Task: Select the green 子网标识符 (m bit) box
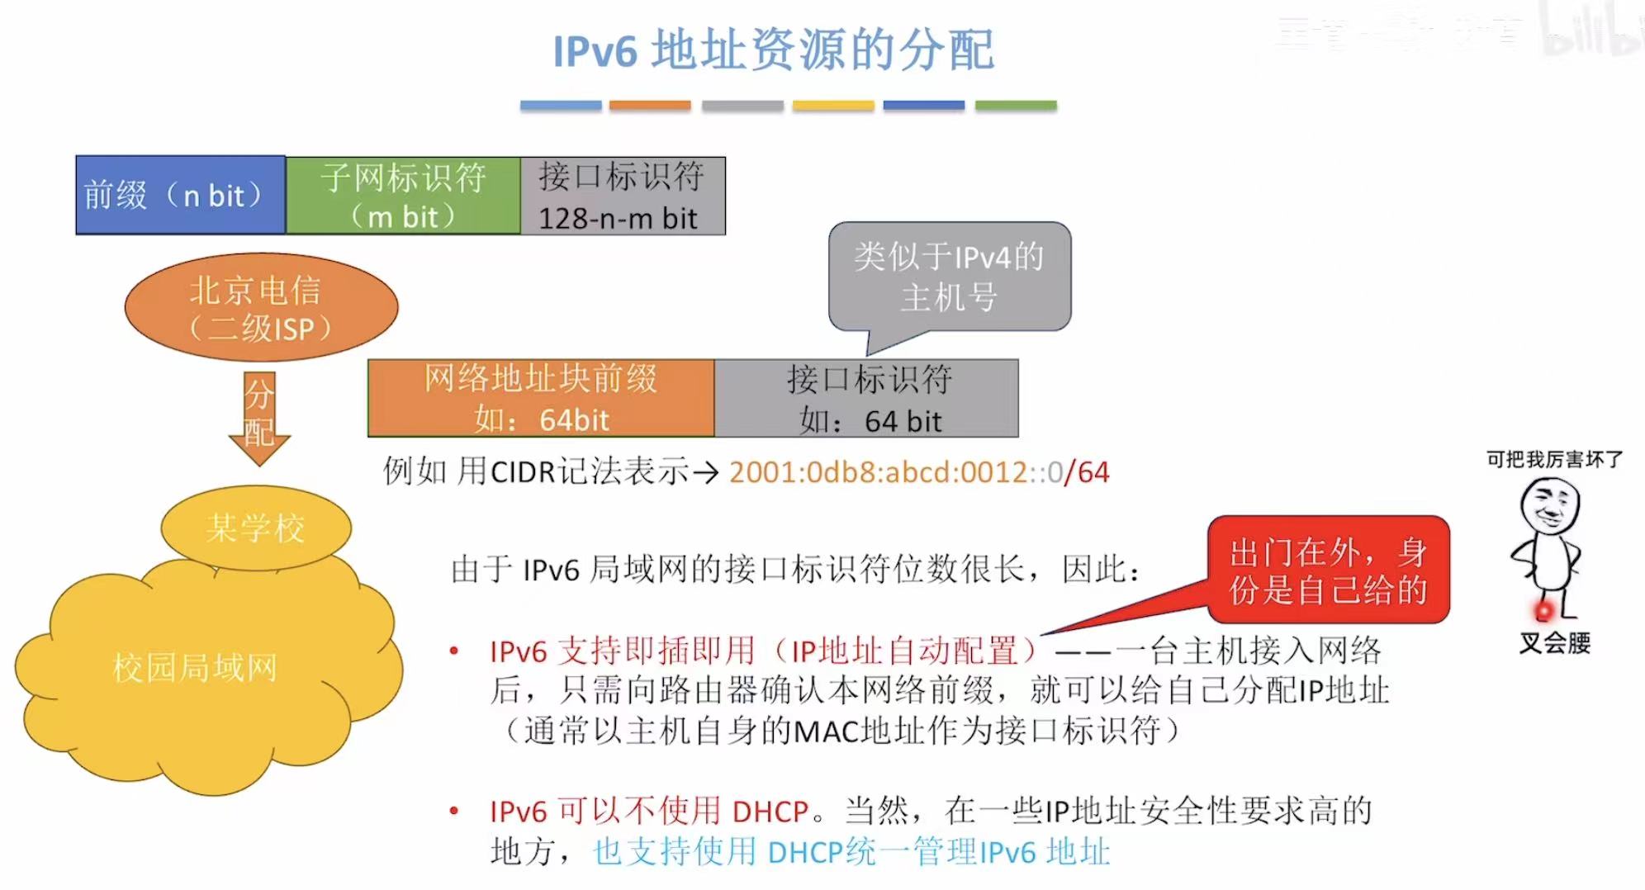pyautogui.click(x=403, y=196)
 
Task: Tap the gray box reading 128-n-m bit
pyautogui.click(x=623, y=196)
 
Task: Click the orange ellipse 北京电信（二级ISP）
pyautogui.click(x=261, y=308)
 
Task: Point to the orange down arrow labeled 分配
pyautogui.click(x=259, y=417)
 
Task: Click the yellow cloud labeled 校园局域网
pyautogui.click(x=198, y=669)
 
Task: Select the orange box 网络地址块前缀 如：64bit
pyautogui.click(x=541, y=399)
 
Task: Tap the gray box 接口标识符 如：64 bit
pyautogui.click(x=866, y=399)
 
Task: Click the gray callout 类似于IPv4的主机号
pyautogui.click(x=950, y=277)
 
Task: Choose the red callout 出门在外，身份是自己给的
pyautogui.click(x=1328, y=570)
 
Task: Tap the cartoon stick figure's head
pyautogui.click(x=1550, y=505)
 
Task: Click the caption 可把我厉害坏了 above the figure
pyautogui.click(x=1554, y=459)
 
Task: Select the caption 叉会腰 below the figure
pyautogui.click(x=1554, y=643)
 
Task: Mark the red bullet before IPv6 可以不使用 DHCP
pyautogui.click(x=453, y=812)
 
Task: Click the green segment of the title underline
pyautogui.click(x=1016, y=106)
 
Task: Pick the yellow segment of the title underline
pyautogui.click(x=833, y=106)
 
